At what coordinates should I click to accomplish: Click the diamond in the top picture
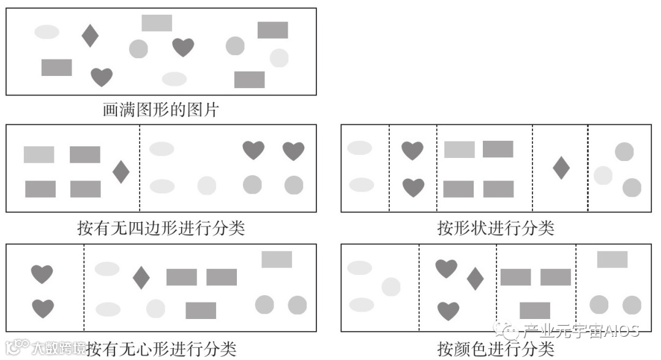(x=90, y=36)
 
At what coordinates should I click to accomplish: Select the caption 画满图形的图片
(x=160, y=111)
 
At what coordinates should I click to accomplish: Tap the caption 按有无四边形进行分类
(x=158, y=228)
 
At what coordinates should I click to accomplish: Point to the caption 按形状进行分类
(x=495, y=228)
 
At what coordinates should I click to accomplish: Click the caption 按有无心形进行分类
(x=161, y=349)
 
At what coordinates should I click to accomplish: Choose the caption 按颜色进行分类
(x=495, y=349)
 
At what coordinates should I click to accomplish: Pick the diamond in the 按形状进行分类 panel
(x=561, y=168)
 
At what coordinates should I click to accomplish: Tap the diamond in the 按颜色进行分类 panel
(x=475, y=279)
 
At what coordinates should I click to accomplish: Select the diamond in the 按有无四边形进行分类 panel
(x=121, y=171)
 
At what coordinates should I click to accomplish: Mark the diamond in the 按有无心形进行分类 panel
(x=141, y=278)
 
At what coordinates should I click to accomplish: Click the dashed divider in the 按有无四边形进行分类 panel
(x=140, y=168)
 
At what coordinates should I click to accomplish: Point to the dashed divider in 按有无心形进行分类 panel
(x=84, y=288)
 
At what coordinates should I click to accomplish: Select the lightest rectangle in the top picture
(x=157, y=23)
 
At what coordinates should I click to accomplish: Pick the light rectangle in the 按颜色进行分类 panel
(x=612, y=259)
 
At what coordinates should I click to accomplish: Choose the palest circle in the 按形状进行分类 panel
(x=603, y=175)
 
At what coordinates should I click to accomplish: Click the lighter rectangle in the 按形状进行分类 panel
(x=459, y=149)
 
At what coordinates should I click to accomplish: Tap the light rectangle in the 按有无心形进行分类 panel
(x=277, y=259)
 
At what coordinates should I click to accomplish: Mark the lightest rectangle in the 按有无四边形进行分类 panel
(x=39, y=154)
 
